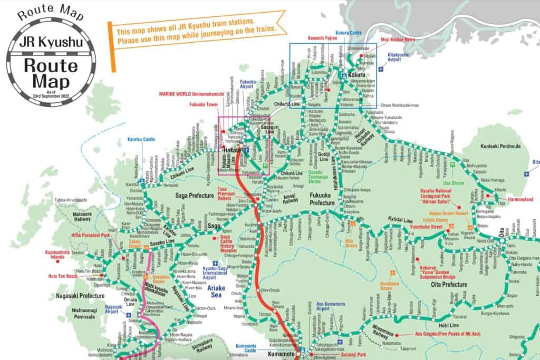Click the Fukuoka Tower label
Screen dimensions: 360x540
pos(203,104)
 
